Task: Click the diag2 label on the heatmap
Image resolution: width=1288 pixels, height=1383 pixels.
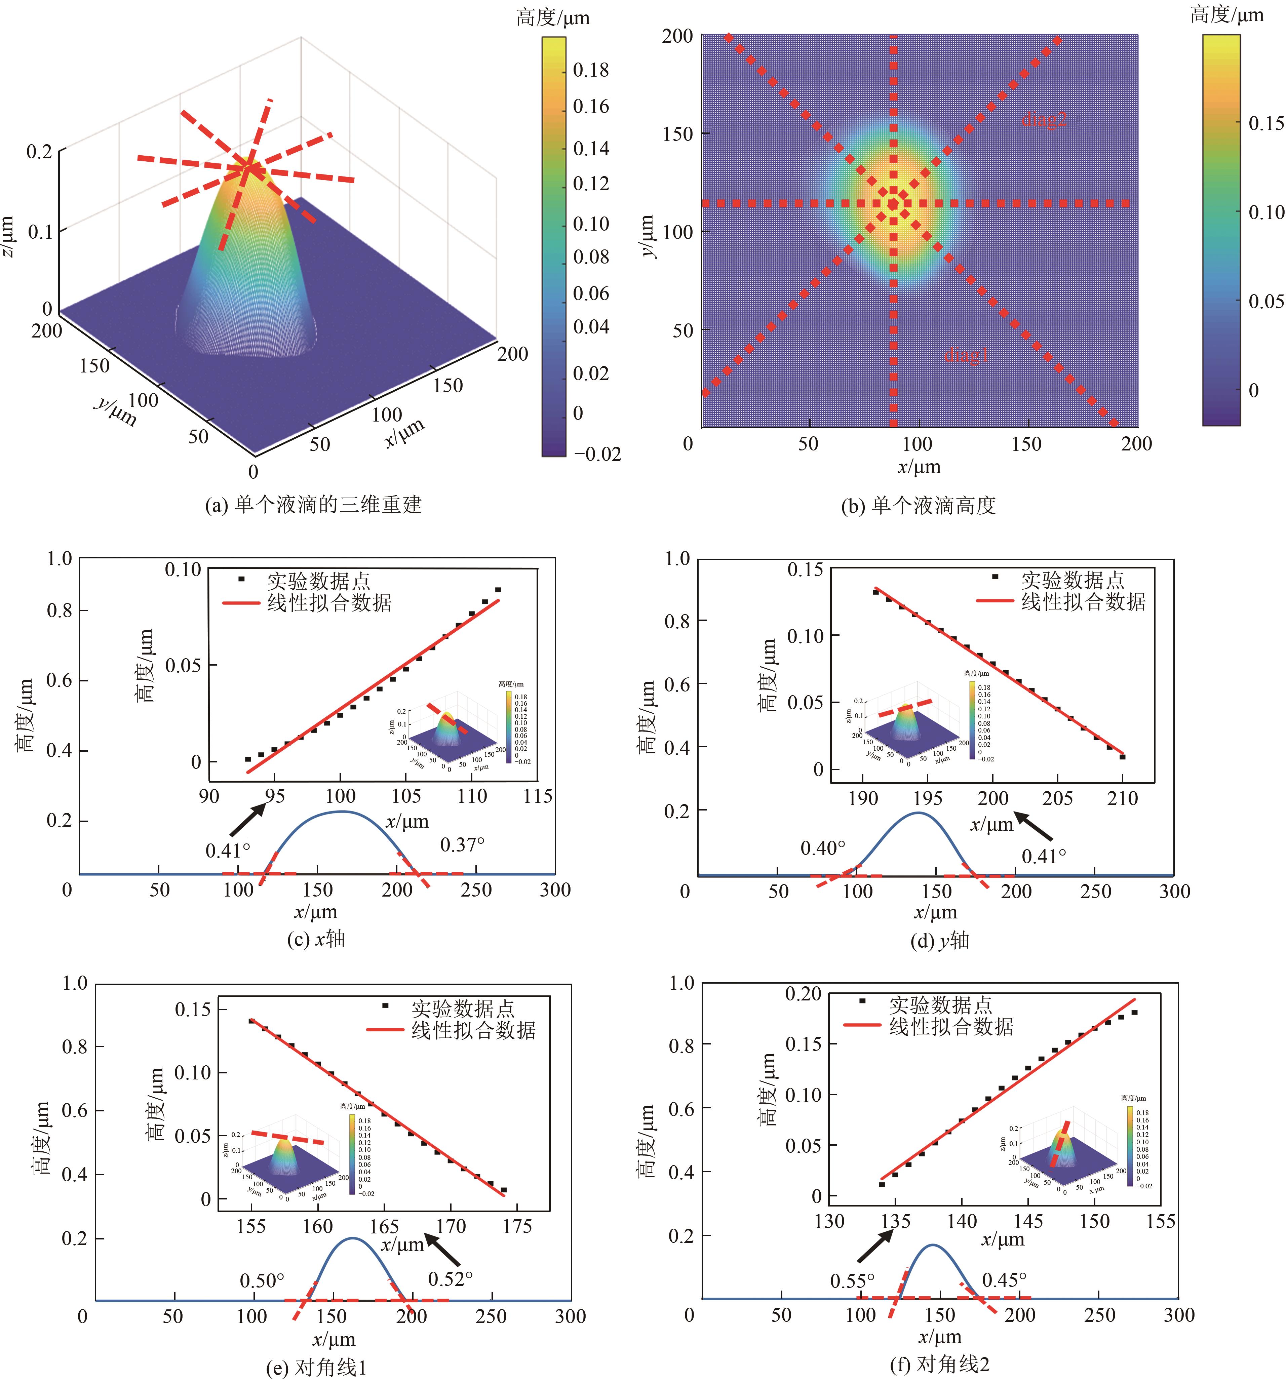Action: click(x=1044, y=120)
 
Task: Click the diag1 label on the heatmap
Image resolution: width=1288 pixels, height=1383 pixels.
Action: click(x=966, y=355)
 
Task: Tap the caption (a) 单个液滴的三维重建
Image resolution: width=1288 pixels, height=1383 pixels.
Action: click(x=313, y=504)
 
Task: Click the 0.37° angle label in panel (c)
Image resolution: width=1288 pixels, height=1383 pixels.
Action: click(x=462, y=844)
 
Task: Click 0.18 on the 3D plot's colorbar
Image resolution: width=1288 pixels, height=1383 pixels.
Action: click(x=591, y=70)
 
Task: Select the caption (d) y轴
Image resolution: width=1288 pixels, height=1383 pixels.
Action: click(x=939, y=941)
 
